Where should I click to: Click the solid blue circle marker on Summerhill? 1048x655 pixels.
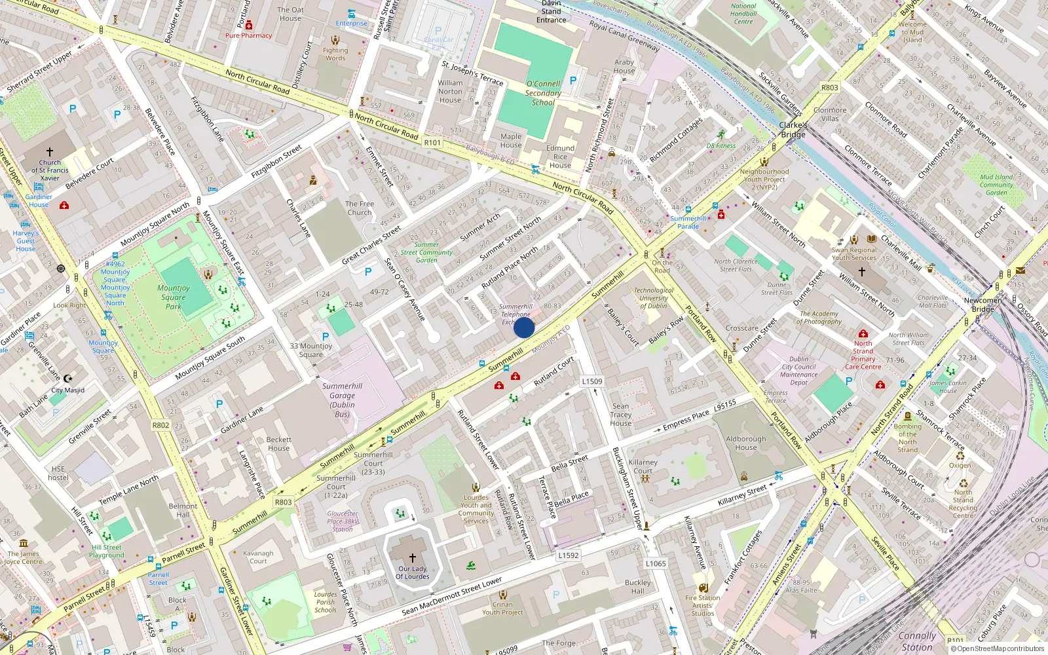click(x=524, y=327)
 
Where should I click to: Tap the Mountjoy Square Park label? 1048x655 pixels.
click(x=174, y=297)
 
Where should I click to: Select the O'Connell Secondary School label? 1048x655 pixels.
click(x=543, y=93)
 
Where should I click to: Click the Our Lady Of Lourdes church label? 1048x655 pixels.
click(x=412, y=572)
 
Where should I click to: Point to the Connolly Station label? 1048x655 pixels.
click(x=917, y=641)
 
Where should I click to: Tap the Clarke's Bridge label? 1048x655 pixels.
click(x=793, y=130)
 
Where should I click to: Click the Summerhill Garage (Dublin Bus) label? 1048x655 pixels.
click(x=342, y=400)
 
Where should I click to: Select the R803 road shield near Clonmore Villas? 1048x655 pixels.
click(x=829, y=87)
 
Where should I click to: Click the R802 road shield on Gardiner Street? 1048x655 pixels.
click(x=160, y=425)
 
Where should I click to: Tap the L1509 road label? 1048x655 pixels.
click(x=591, y=381)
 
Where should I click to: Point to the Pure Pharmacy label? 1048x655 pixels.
click(x=248, y=35)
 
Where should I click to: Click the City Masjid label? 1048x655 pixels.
click(x=68, y=390)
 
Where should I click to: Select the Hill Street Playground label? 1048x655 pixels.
click(x=107, y=551)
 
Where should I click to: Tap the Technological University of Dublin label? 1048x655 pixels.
click(x=653, y=298)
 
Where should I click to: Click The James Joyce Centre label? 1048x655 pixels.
click(x=24, y=557)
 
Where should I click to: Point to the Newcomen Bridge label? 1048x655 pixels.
click(x=982, y=305)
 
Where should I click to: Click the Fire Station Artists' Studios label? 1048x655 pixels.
click(x=702, y=605)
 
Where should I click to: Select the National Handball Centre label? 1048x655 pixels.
click(x=743, y=14)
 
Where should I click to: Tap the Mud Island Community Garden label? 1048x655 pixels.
click(x=996, y=185)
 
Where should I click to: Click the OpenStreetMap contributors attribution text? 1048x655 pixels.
click(x=1000, y=648)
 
